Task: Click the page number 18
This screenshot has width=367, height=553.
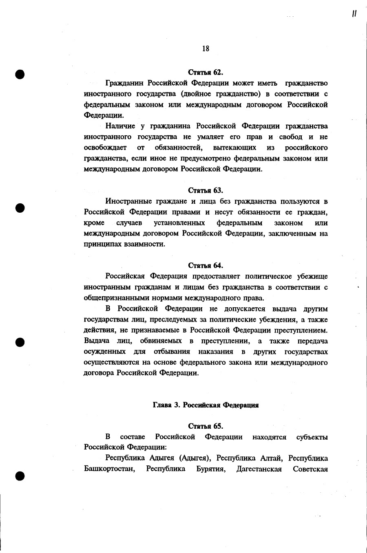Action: pyautogui.click(x=206, y=48)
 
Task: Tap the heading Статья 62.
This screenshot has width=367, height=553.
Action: pyautogui.click(x=206, y=73)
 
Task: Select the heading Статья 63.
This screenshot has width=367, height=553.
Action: pyautogui.click(x=206, y=190)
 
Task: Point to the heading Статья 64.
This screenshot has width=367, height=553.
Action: pyautogui.click(x=206, y=266)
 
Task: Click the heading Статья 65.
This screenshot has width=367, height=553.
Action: pyautogui.click(x=206, y=426)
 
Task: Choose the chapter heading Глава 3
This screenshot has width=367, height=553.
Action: pyautogui.click(x=206, y=405)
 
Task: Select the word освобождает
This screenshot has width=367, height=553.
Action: pyautogui.click(x=105, y=147)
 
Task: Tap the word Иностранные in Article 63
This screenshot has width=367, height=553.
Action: pyautogui.click(x=128, y=201)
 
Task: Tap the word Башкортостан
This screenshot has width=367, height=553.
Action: pyautogui.click(x=109, y=469)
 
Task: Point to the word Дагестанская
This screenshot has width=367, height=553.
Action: pyautogui.click(x=259, y=469)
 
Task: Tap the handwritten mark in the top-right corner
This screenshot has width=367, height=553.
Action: pyautogui.click(x=355, y=14)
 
